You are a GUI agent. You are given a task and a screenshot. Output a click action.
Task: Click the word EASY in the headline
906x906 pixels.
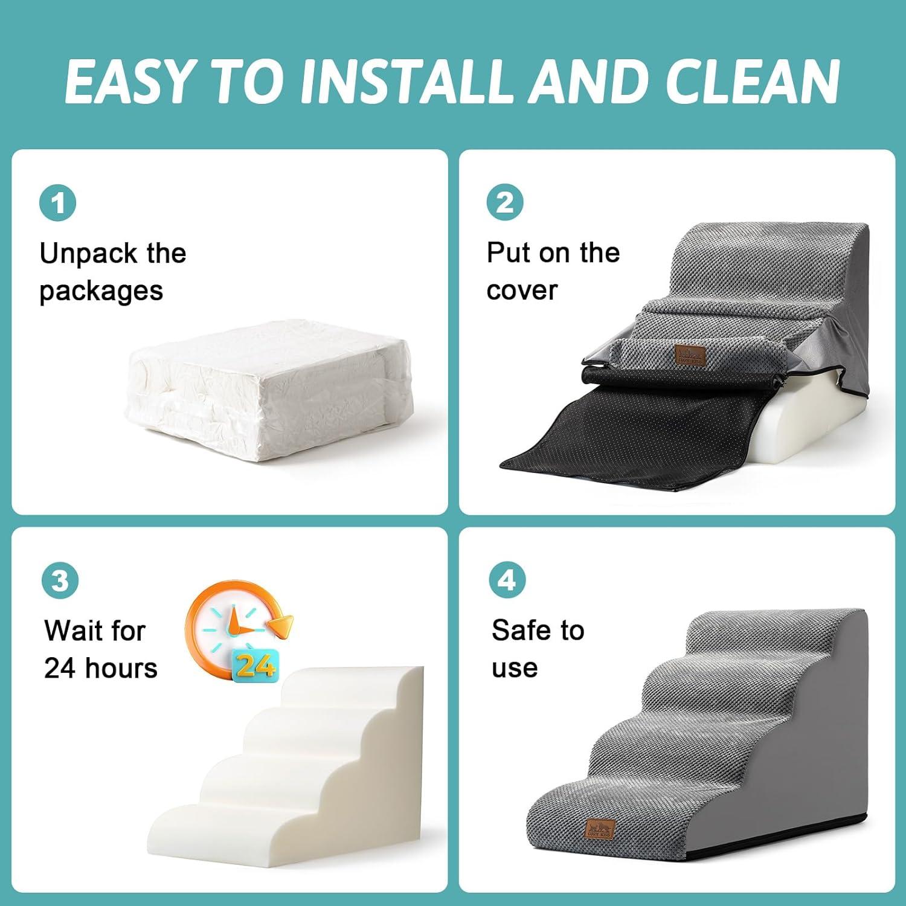(127, 82)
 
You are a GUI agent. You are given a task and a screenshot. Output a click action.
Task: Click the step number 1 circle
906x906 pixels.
(58, 203)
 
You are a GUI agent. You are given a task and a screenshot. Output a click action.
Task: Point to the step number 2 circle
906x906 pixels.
(505, 202)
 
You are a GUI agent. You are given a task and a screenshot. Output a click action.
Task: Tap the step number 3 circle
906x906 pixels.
(60, 581)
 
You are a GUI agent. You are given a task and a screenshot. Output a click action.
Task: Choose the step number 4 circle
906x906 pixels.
(507, 580)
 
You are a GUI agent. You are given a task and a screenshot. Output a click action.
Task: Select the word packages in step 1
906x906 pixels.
(101, 291)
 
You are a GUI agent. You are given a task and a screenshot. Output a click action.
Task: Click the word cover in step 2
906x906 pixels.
(521, 291)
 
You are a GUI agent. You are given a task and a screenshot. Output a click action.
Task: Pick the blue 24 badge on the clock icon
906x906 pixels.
(255, 665)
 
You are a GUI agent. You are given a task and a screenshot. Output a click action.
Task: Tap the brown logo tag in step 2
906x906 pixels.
(690, 355)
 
